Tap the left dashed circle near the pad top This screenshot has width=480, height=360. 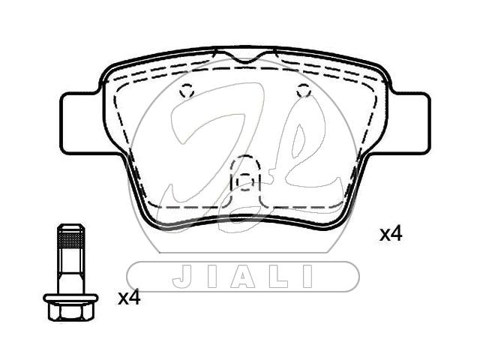187,91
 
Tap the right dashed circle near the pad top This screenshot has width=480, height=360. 304,91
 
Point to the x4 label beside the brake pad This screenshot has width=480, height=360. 391,235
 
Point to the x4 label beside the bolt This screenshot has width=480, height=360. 129,298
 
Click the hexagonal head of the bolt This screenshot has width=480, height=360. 70,312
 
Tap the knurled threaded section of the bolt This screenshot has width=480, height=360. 70,238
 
